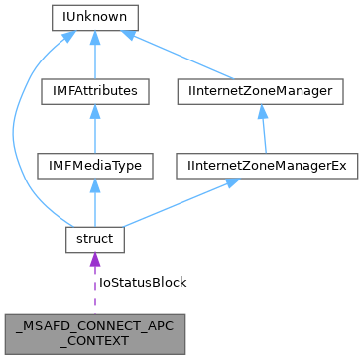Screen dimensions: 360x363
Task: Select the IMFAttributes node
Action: tap(94, 91)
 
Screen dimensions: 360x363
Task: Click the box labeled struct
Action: tap(94, 239)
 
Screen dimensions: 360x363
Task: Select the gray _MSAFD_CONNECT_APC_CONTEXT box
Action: tap(94, 331)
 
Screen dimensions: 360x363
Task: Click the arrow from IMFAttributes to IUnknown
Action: tap(94, 55)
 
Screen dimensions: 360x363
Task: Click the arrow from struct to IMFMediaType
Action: tap(94, 203)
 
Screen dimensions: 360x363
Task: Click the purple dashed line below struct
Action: tap(94, 291)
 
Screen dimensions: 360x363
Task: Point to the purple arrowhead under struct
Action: tap(94, 260)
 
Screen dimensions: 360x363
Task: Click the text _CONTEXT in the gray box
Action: tap(94, 339)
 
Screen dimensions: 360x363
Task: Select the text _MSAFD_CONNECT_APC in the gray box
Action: tap(94, 324)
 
